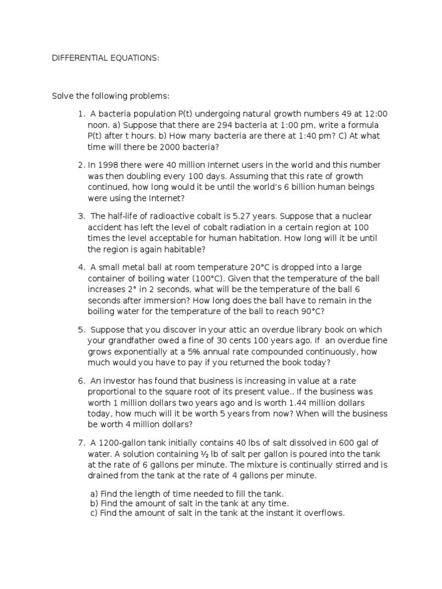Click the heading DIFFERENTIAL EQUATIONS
pos(106,59)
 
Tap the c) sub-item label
pos(94,513)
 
